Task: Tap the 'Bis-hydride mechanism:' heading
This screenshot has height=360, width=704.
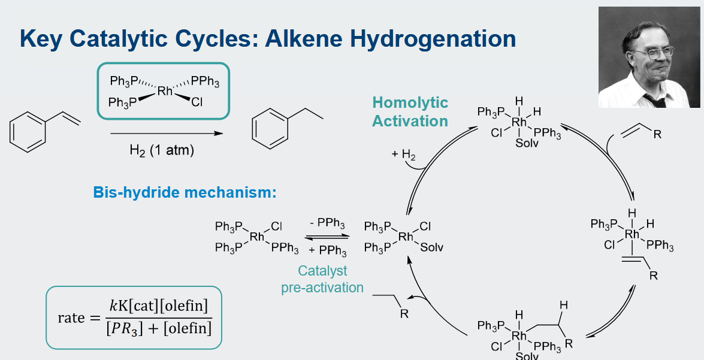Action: (x=185, y=192)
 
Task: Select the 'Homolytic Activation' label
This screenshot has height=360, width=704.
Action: (x=410, y=112)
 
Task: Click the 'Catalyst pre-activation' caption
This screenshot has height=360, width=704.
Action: (x=322, y=279)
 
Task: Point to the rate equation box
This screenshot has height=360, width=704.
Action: (x=134, y=317)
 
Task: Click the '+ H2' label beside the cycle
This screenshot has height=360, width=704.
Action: (x=403, y=155)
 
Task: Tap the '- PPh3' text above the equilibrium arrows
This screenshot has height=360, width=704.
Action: (x=327, y=223)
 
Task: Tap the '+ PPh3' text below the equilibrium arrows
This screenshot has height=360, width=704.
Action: (x=327, y=250)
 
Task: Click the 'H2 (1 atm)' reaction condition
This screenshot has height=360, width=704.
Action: (x=162, y=150)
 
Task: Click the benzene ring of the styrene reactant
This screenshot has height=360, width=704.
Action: (x=28, y=132)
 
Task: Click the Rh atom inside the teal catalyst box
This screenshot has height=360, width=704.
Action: (x=165, y=91)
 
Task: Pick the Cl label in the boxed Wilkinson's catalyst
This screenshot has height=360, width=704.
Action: (x=197, y=103)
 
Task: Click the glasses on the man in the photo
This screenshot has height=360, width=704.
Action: (x=656, y=53)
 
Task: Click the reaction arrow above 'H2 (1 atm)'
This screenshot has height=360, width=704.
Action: (x=167, y=134)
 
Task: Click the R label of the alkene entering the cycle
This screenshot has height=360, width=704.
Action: (x=657, y=134)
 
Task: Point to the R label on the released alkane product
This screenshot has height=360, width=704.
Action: (x=404, y=314)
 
